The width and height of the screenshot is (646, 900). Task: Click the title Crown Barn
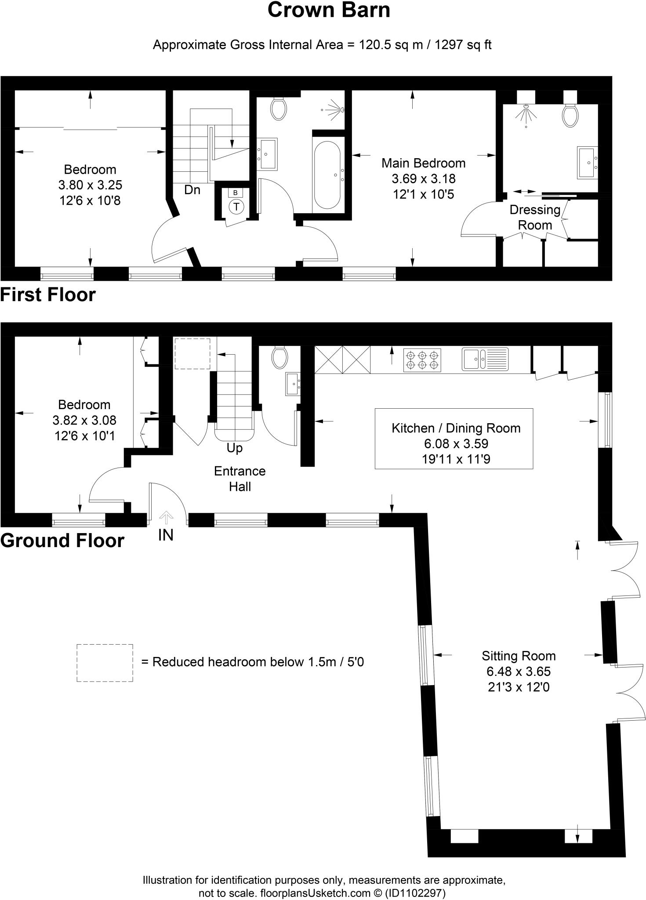[x=329, y=11]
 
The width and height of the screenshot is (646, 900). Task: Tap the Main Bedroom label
[x=423, y=163]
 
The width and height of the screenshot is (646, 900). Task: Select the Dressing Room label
[x=535, y=218]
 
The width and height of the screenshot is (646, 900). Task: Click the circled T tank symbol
[x=236, y=207]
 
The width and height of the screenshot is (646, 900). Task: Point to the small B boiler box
[x=236, y=192]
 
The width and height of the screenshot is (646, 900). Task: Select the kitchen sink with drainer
[x=485, y=359]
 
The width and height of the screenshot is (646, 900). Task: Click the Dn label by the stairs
[x=192, y=190]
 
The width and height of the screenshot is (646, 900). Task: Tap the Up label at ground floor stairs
[x=235, y=448]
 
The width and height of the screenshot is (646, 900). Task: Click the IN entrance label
[x=166, y=535]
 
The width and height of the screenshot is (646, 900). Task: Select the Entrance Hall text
[x=240, y=479]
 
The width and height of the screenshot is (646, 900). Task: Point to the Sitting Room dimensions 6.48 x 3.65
[x=519, y=671]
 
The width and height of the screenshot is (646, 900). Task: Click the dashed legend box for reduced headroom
[x=105, y=663]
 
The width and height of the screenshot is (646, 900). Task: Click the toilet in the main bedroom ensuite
[x=570, y=115]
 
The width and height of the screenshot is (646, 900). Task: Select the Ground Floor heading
[x=62, y=540]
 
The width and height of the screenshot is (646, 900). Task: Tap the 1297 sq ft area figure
[x=463, y=45]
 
